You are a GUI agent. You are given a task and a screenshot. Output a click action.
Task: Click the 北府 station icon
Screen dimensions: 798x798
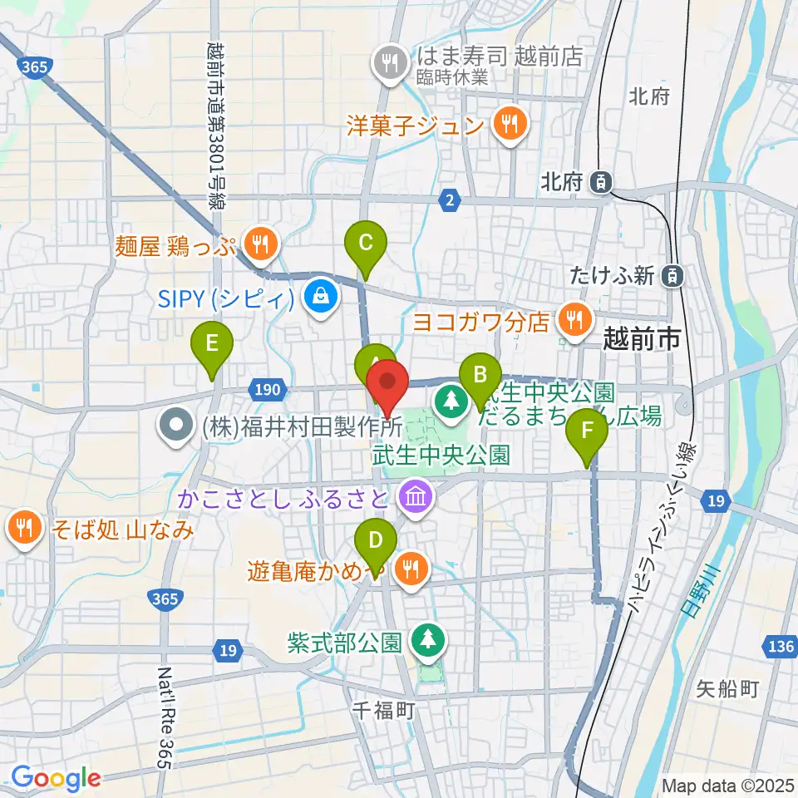[601, 180]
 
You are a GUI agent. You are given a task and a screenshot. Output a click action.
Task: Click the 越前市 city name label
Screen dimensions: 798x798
[641, 338]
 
